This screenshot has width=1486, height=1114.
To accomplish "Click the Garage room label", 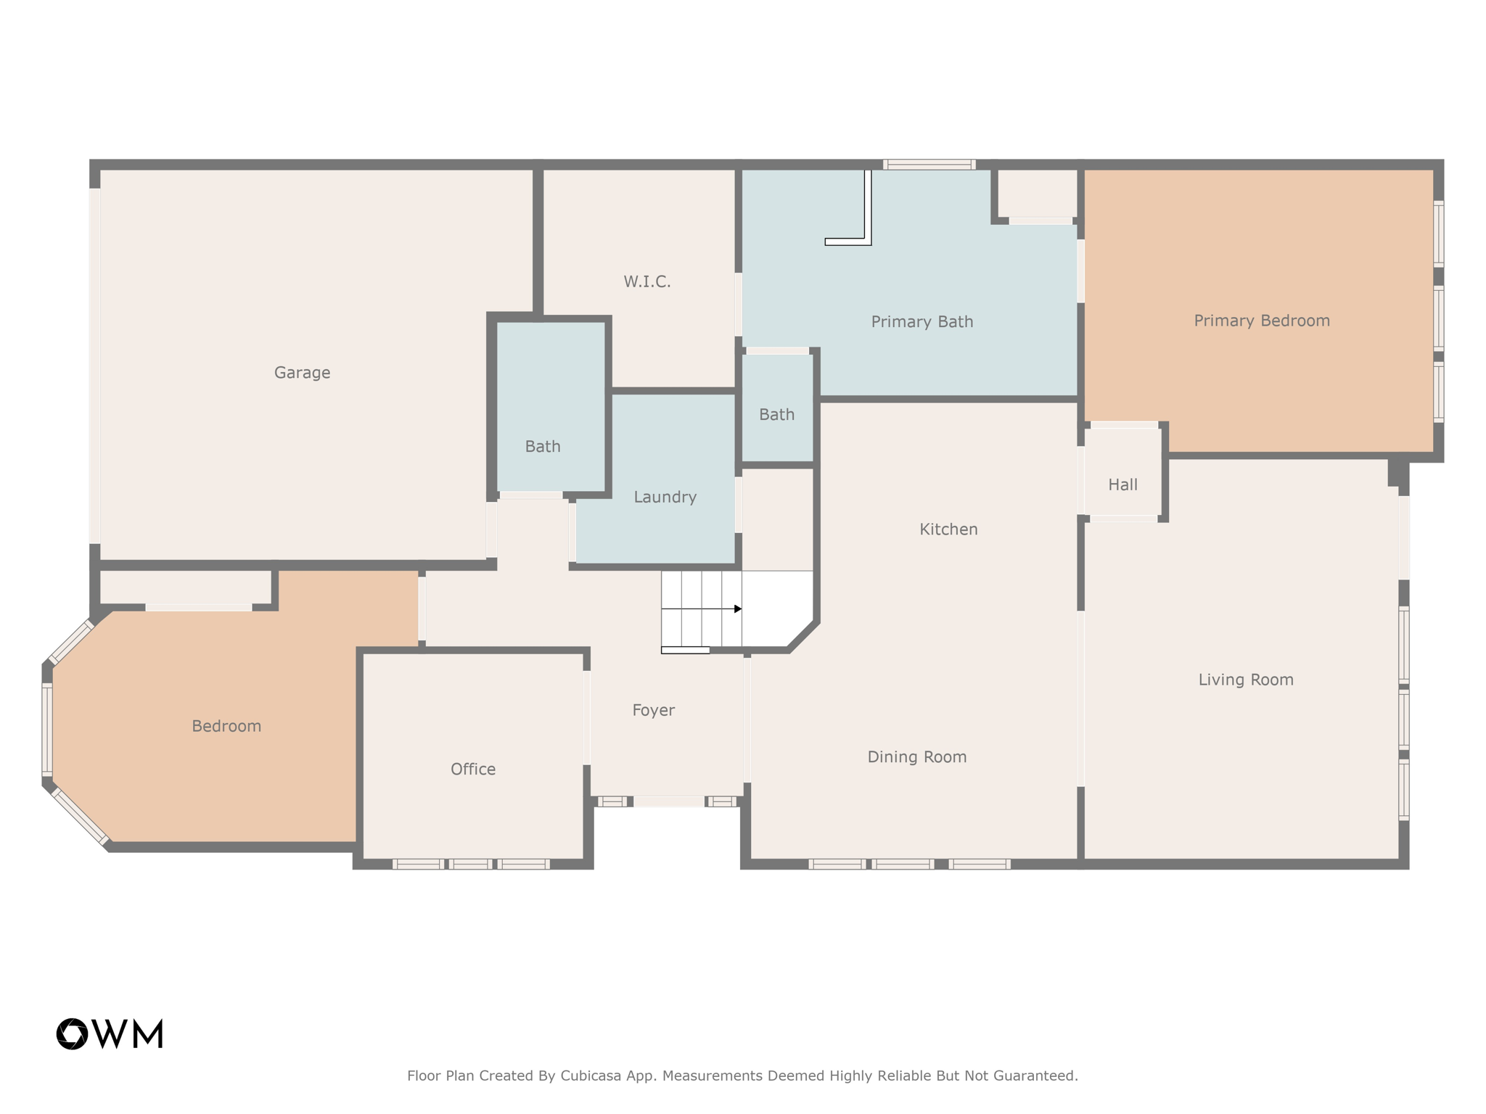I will tap(302, 373).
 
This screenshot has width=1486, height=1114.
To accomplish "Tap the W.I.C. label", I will tap(646, 281).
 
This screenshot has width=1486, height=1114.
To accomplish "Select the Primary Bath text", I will tap(921, 322).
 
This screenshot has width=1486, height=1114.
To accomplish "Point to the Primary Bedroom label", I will tap(1262, 321).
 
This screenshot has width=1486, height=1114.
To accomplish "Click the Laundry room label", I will tap(665, 498).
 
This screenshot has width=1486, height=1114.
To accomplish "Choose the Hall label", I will tap(1122, 485).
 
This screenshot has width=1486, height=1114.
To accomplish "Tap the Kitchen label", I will tap(948, 529).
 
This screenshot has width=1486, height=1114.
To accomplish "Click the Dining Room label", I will tap(917, 757).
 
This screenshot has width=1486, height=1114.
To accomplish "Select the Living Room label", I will tap(1245, 680).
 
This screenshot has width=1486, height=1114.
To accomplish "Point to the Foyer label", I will tap(653, 711).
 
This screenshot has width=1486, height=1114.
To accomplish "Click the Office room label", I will tap(473, 770).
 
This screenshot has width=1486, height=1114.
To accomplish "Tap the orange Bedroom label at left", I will tap(226, 727).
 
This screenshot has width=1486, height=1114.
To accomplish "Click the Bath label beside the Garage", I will tap(543, 447).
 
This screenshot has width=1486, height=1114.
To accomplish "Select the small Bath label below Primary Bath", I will tap(776, 415).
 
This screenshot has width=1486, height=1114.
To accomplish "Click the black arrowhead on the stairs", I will tap(737, 609).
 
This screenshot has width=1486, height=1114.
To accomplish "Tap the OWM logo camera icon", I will tap(72, 1034).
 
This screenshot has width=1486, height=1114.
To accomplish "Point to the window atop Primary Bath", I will tap(929, 165).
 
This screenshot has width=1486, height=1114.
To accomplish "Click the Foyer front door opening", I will tap(668, 801).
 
